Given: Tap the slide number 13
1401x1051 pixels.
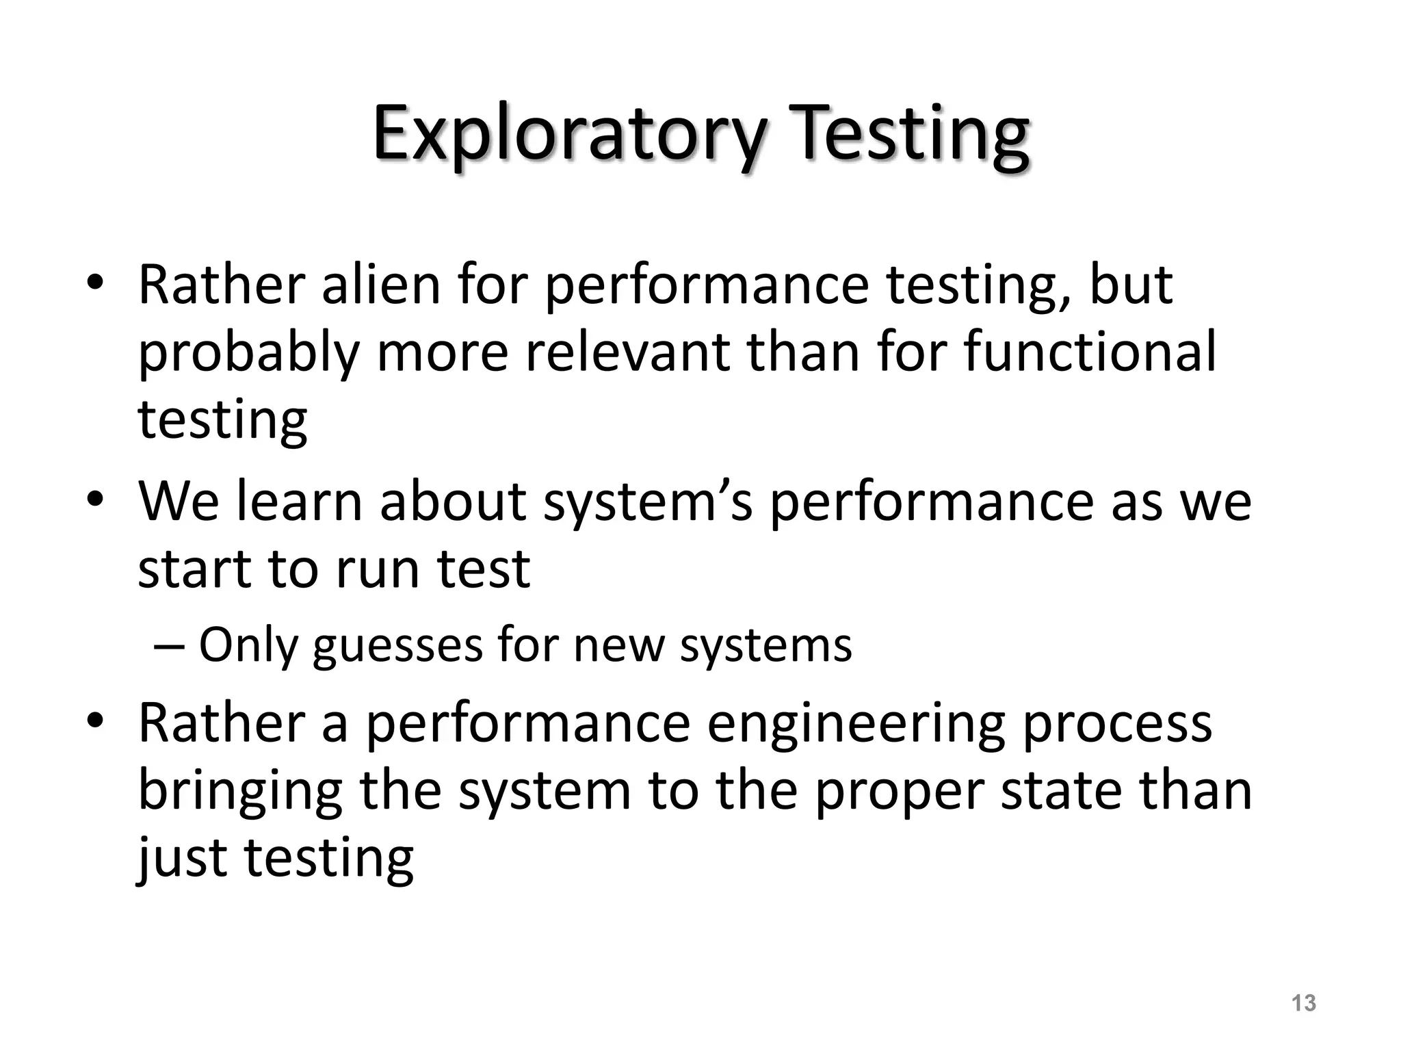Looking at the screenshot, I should pyautogui.click(x=1304, y=1002).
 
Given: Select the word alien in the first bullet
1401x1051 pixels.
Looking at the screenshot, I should pyautogui.click(x=381, y=285).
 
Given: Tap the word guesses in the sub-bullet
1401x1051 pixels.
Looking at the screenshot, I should pyautogui.click(x=397, y=646).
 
